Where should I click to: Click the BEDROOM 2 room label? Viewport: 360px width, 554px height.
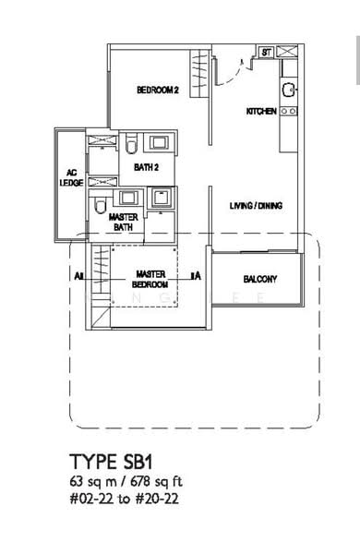(x=157, y=90)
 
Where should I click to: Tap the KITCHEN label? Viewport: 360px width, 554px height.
(x=260, y=111)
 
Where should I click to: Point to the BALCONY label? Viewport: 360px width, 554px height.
(x=261, y=279)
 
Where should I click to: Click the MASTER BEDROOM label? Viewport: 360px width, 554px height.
(x=150, y=279)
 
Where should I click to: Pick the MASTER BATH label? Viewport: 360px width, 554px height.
(x=125, y=222)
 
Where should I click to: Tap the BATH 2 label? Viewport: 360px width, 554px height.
(x=146, y=167)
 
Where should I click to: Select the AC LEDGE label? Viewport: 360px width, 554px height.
(x=70, y=176)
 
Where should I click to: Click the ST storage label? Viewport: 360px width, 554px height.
(x=265, y=53)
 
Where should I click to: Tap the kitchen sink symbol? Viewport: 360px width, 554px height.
(x=289, y=90)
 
